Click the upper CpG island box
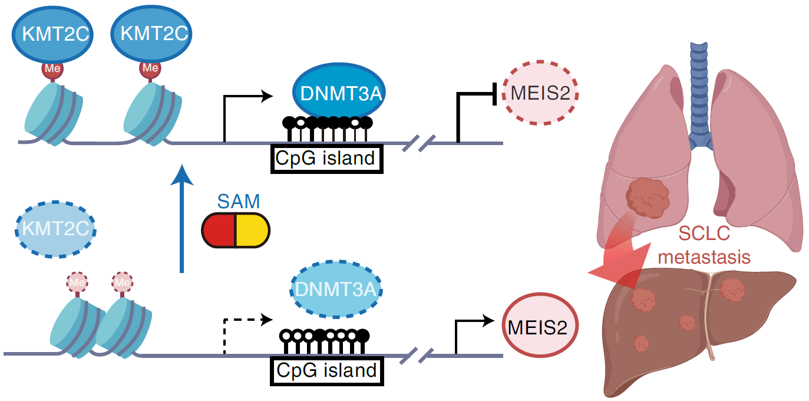pos(326,159)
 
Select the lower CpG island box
pos(326,371)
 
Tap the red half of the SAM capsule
pos(219,229)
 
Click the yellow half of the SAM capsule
pos(252,229)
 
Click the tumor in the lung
pos(646,199)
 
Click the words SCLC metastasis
pos(704,245)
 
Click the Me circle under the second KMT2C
pos(149,68)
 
